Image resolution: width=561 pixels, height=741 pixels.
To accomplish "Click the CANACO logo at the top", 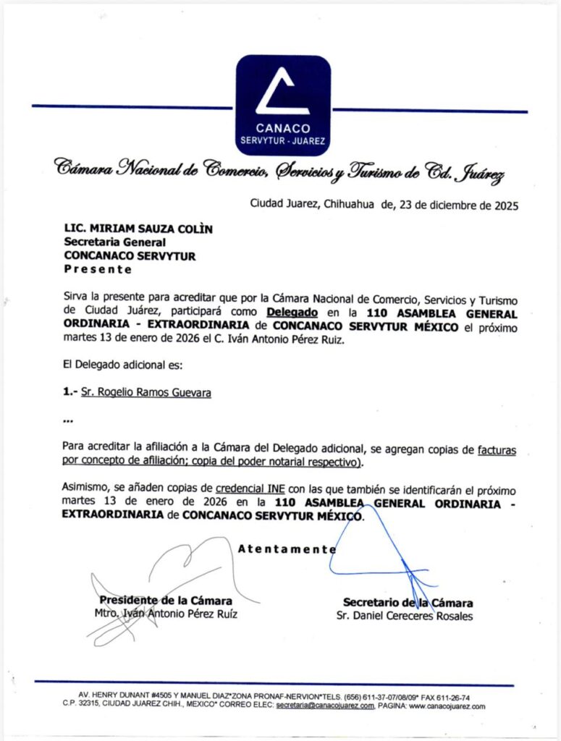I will click(x=283, y=105).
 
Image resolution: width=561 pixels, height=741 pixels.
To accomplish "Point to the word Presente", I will click(x=98, y=269).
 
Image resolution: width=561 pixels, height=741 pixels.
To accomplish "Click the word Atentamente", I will click(x=287, y=549).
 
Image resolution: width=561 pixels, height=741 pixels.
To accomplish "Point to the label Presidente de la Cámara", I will click(x=166, y=601).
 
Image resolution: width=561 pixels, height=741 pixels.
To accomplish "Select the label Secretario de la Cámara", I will click(x=408, y=603).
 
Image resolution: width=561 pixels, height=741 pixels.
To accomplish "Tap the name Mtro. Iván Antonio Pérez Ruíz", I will click(x=166, y=614).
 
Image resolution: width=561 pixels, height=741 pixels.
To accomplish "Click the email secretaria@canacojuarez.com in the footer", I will click(x=325, y=706).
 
